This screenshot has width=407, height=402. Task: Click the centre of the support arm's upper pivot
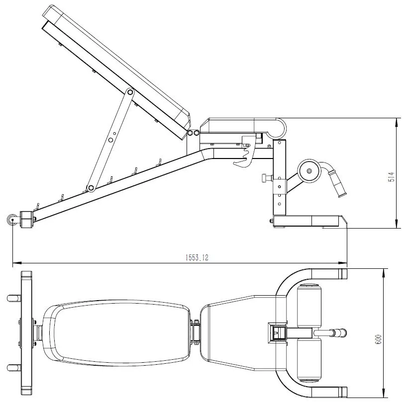point(130,92)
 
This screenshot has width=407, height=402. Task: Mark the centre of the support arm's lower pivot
point(91,188)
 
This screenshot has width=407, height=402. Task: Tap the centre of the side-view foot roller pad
point(309,171)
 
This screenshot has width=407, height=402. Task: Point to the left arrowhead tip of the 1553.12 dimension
point(13,263)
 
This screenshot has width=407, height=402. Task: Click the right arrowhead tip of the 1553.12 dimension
point(347,263)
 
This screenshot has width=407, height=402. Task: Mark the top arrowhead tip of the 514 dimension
point(397,118)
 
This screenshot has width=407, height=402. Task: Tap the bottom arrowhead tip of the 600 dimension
point(384,398)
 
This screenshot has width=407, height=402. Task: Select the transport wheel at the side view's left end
point(12,220)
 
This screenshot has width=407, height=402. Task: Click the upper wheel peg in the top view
point(14,298)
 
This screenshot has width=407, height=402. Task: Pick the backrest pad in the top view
point(116,333)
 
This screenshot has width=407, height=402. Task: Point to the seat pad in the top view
point(243,333)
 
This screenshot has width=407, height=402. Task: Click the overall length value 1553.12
point(197,257)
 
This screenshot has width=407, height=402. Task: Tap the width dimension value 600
point(379,339)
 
